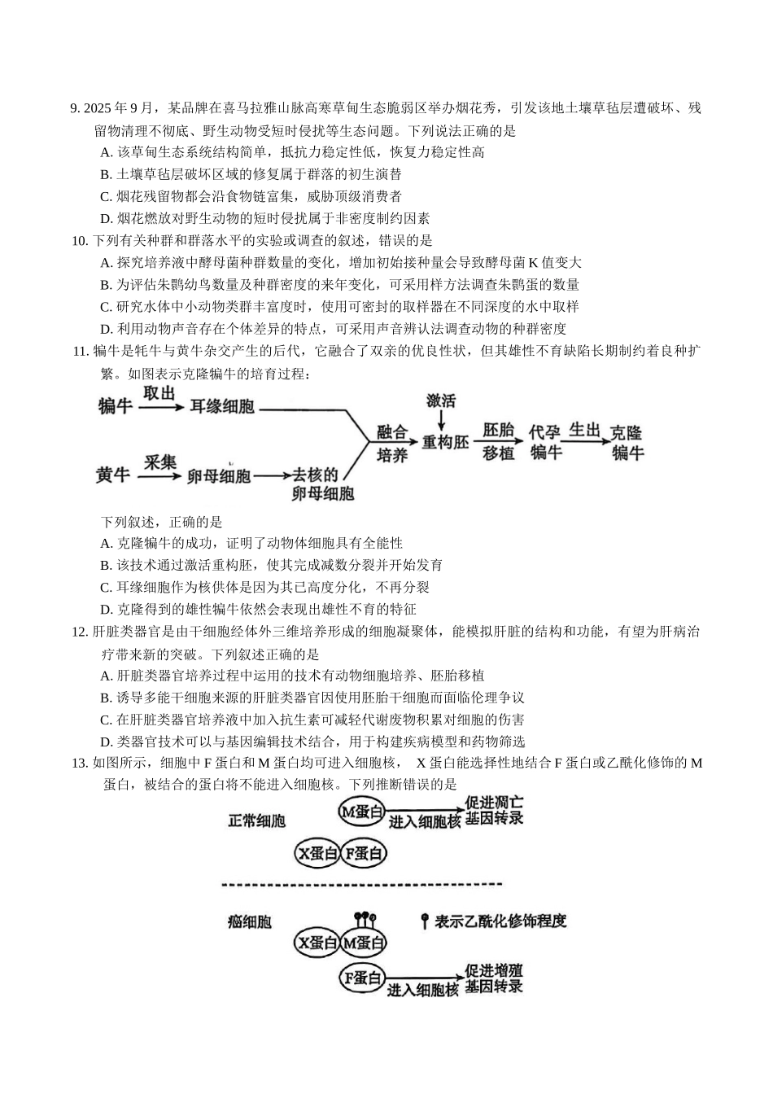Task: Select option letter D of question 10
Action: (105, 329)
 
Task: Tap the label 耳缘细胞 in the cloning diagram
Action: (222, 406)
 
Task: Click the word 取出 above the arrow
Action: (159, 393)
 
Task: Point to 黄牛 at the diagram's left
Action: (112, 475)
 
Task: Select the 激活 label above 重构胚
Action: (441, 400)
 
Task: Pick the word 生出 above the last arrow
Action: (584, 430)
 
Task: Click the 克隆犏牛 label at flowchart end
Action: (628, 442)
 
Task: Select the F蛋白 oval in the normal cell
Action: (364, 853)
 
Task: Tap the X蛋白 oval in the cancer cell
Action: (317, 943)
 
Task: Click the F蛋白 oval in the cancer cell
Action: (362, 979)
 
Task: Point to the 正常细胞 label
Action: (256, 820)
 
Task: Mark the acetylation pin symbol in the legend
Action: (424, 921)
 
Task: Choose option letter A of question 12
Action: (105, 676)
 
